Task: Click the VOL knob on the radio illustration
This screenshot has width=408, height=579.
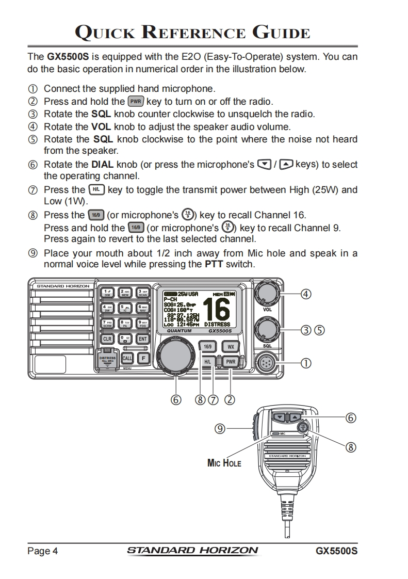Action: [x=267, y=295]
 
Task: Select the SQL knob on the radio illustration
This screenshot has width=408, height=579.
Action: [x=267, y=329]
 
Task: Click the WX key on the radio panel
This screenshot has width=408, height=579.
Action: [x=231, y=346]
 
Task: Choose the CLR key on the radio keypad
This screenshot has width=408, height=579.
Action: [x=107, y=339]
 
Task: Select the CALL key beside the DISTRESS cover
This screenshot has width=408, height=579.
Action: [x=126, y=358]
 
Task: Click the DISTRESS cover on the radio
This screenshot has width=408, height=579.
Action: [x=108, y=360]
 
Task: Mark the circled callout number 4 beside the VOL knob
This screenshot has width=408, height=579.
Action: [x=306, y=294]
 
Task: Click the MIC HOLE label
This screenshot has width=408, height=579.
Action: [x=224, y=463]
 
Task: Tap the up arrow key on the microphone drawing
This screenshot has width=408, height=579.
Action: [x=295, y=416]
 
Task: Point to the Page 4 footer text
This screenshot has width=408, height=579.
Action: [x=43, y=551]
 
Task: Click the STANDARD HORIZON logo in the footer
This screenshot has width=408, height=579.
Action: [x=192, y=550]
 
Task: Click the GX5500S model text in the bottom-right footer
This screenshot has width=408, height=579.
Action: [x=337, y=551]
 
